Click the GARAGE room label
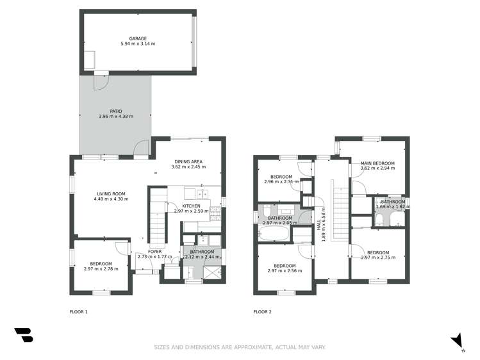pos(138,38)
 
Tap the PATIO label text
pos(115,111)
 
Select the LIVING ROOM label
pos(111,193)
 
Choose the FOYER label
pos(154,252)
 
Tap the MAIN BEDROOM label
pos(377,163)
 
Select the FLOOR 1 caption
pos(78,312)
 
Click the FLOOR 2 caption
pos(262,312)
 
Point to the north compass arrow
pos(456,341)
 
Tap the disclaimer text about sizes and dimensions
pos(240,347)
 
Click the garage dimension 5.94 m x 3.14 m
pos(138,44)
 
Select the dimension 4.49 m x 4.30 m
pos(111,199)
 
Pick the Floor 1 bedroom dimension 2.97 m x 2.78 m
pos(101,269)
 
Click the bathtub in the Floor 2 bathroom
pos(274,233)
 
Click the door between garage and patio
pos(100,81)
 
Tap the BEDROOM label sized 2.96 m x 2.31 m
pos(281,177)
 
